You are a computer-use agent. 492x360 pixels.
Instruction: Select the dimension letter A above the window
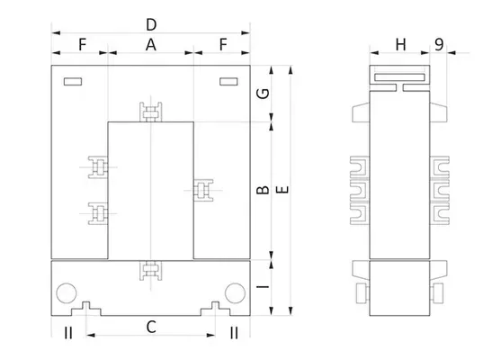(x=150, y=43)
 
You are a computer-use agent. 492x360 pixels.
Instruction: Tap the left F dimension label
(x=82, y=43)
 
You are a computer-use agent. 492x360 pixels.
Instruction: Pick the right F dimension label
(x=221, y=43)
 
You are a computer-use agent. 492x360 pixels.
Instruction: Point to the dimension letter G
(x=261, y=94)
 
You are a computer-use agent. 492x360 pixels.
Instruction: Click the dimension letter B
(x=261, y=190)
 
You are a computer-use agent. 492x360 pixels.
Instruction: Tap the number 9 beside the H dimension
(x=439, y=43)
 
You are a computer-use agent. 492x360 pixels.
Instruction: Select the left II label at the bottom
(x=68, y=333)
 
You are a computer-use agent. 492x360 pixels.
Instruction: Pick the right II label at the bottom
(x=234, y=333)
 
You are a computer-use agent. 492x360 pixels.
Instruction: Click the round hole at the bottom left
(x=66, y=292)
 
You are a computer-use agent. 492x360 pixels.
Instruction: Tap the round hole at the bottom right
(x=235, y=292)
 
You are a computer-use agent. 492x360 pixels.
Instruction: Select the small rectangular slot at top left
(x=72, y=83)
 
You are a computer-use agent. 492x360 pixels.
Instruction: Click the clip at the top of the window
(x=150, y=112)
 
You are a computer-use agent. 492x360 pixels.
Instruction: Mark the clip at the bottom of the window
(x=150, y=270)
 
